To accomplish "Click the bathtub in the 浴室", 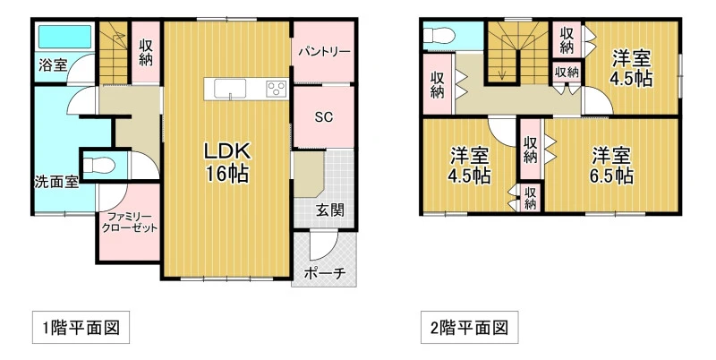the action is (64, 37).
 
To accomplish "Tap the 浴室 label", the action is (52, 65).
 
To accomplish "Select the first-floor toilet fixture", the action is (99, 164).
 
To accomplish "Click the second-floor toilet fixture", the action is (437, 35).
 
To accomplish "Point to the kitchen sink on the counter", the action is (230, 88).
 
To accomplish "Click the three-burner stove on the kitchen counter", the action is (277, 88).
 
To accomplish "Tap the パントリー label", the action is (324, 51).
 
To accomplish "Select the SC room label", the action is (324, 117).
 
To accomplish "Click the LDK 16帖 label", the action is (226, 162).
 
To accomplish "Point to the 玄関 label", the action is (329, 210).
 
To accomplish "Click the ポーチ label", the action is (324, 273).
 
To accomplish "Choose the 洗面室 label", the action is (56, 182).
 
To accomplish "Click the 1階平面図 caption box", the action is (81, 327).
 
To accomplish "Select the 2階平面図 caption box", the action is (469, 327).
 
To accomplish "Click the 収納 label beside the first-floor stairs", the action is (146, 53).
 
